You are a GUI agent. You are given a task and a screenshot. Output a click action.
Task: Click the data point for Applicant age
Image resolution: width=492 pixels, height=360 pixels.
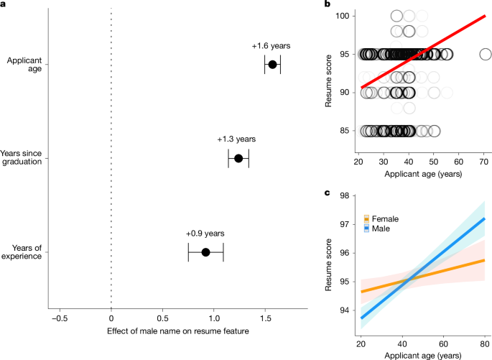271,65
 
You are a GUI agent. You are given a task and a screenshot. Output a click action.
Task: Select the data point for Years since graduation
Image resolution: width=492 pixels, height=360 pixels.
238,158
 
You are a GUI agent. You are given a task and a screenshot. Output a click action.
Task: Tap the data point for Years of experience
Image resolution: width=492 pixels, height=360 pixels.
205,252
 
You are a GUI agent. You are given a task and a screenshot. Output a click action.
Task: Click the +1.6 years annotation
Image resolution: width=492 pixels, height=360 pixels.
271,46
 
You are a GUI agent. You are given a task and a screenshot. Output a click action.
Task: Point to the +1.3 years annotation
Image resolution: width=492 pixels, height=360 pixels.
236,139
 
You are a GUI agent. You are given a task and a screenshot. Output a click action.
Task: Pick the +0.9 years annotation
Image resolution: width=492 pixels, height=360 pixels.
205,234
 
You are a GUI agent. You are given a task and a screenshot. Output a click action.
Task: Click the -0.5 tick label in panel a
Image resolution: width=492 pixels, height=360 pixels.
60,317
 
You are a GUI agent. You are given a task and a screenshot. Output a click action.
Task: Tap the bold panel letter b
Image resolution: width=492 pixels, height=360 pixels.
328,6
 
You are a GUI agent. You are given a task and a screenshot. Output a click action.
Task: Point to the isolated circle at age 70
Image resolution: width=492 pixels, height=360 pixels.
486,54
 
